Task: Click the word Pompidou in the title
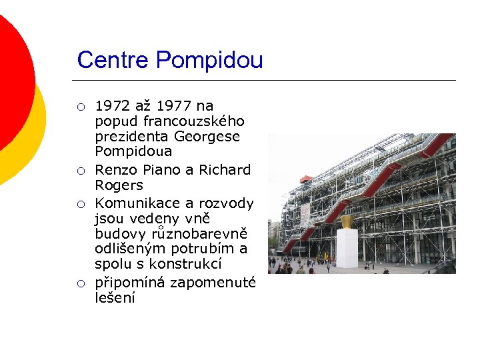pos(209,61)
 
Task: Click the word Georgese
pos(207,137)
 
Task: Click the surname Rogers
pos(119,185)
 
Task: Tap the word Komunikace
pos(137,202)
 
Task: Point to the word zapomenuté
pos(212,282)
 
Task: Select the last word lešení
pos(115,298)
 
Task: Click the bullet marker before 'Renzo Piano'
pos(80,170)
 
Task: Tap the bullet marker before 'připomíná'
pos(80,283)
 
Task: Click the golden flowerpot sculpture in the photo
pos(347,221)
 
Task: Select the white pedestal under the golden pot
pos(347,248)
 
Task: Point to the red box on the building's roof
pos(305,179)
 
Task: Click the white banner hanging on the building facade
pos(305,214)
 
